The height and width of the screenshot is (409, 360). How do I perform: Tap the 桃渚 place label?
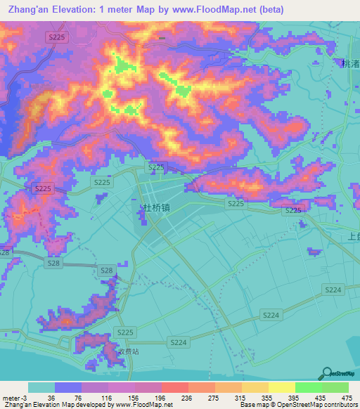[x=349, y=63]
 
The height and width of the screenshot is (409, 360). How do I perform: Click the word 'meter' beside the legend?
[x=11, y=398]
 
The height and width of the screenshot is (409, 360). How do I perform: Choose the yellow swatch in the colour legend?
[x=281, y=387]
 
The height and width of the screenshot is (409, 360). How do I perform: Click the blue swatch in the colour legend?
[x=67, y=387]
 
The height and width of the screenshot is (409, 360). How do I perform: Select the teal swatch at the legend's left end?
[x=41, y=387]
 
